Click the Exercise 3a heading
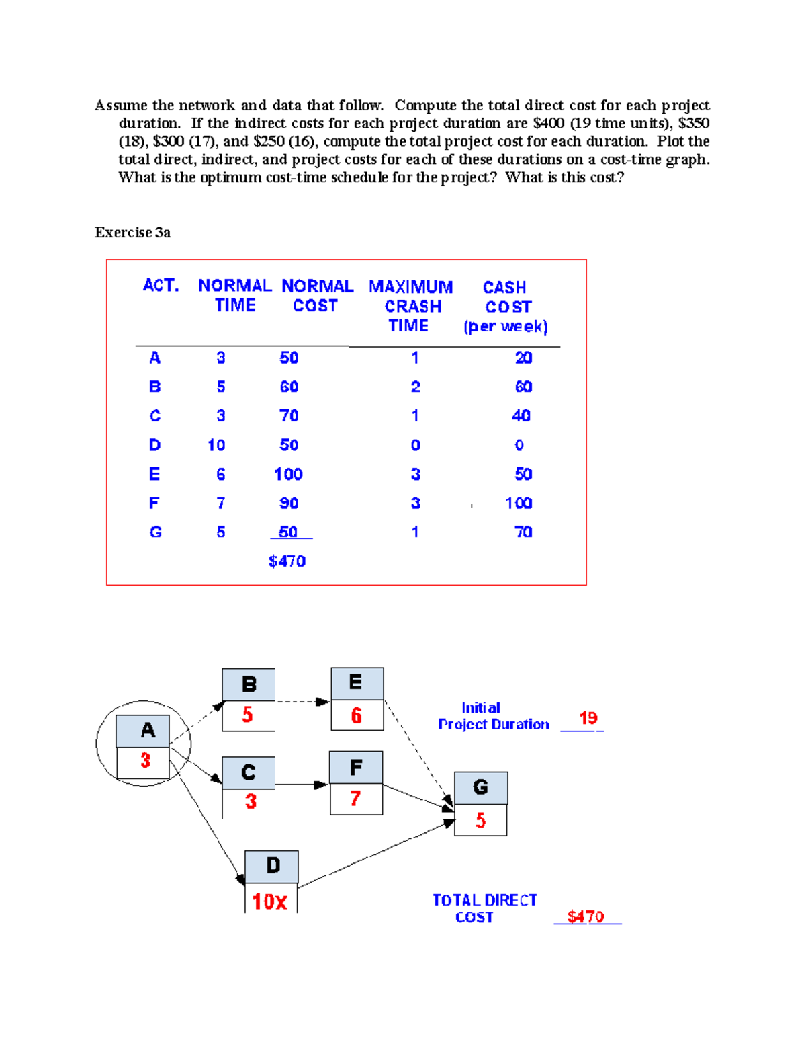tap(132, 233)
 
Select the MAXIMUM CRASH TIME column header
tap(411, 306)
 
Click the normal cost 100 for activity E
tap(288, 474)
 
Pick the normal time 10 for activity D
tap(216, 445)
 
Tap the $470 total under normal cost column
tap(287, 561)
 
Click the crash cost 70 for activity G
tap(523, 532)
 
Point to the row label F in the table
tap(154, 503)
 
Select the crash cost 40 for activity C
tap(521, 415)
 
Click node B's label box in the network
tap(249, 684)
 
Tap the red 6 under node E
tap(357, 715)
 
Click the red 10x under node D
tap(270, 901)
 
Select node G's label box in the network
tap(480, 787)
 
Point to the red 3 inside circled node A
tap(145, 760)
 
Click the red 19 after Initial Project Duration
tap(588, 718)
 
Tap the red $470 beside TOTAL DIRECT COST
tap(586, 916)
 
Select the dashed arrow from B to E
tap(302, 702)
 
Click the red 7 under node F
tap(355, 799)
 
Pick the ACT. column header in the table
tap(161, 286)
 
